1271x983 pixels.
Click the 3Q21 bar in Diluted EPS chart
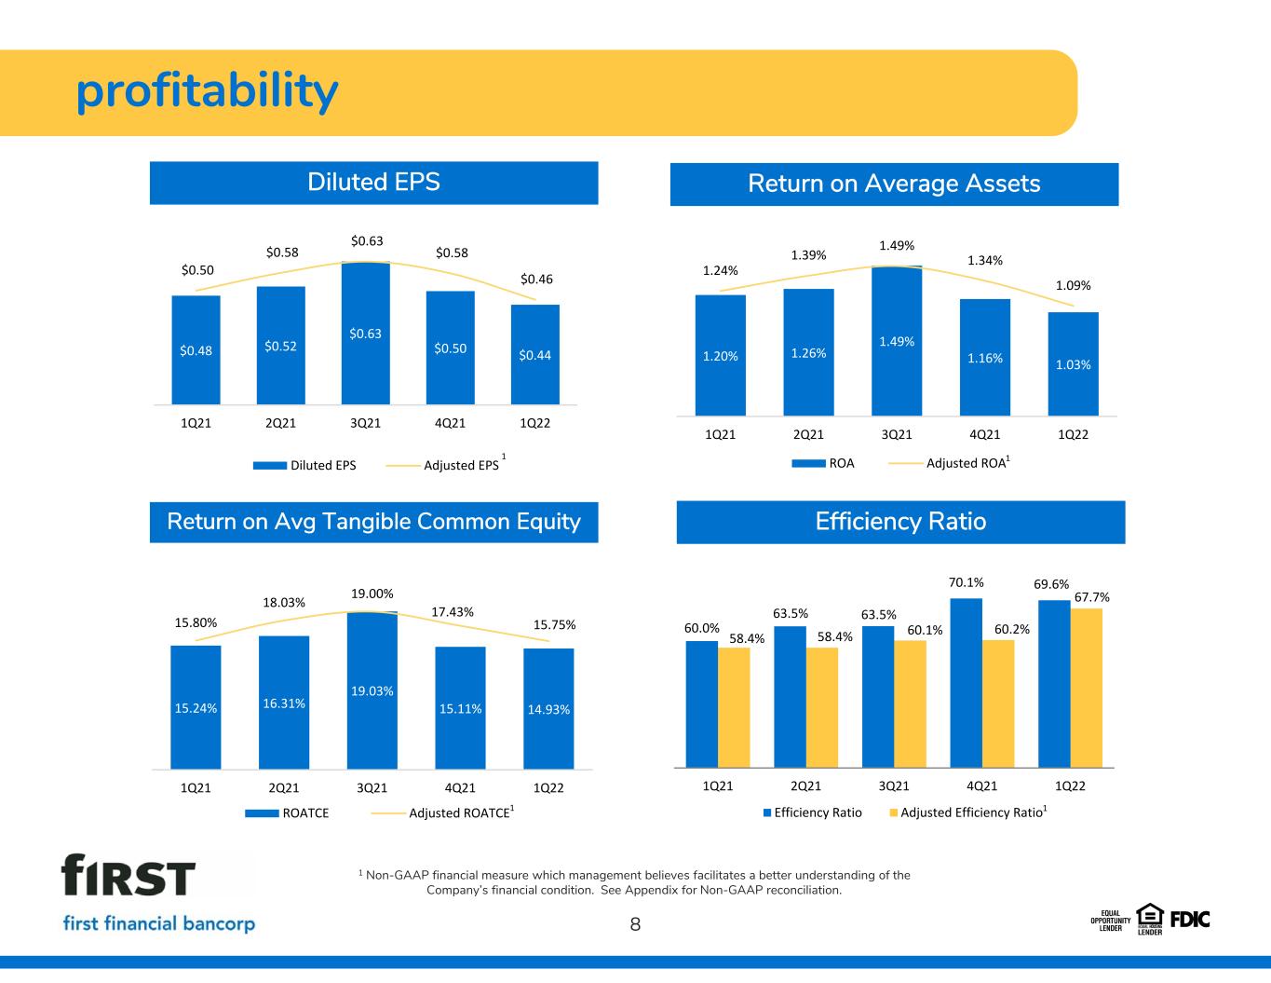pyautogui.click(x=366, y=333)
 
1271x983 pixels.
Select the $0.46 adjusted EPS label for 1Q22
pyautogui.click(x=536, y=280)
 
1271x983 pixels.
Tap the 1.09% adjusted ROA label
pyautogui.click(x=1073, y=285)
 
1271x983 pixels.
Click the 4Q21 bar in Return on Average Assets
pyautogui.click(x=985, y=358)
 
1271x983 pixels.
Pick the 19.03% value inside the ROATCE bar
pyautogui.click(x=372, y=691)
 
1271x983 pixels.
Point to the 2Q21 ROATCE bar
pyautogui.click(x=284, y=703)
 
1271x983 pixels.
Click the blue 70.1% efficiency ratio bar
pyautogui.click(x=967, y=683)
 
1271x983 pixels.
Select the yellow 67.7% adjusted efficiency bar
pyautogui.click(x=1087, y=688)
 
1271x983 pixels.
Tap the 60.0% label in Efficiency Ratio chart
pyautogui.click(x=702, y=628)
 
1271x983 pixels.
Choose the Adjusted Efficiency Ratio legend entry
pyautogui.click(x=968, y=812)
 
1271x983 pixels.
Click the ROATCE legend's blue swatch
pyautogui.click(x=262, y=813)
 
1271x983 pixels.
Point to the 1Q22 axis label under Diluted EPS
pyautogui.click(x=534, y=423)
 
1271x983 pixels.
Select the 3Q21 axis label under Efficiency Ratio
pyautogui.click(x=894, y=785)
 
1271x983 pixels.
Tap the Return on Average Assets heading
pyautogui.click(x=894, y=184)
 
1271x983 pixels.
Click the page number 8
pyautogui.click(x=635, y=924)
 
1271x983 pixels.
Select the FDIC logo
pyautogui.click(x=1190, y=921)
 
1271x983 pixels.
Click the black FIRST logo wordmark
pyautogui.click(x=128, y=875)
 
